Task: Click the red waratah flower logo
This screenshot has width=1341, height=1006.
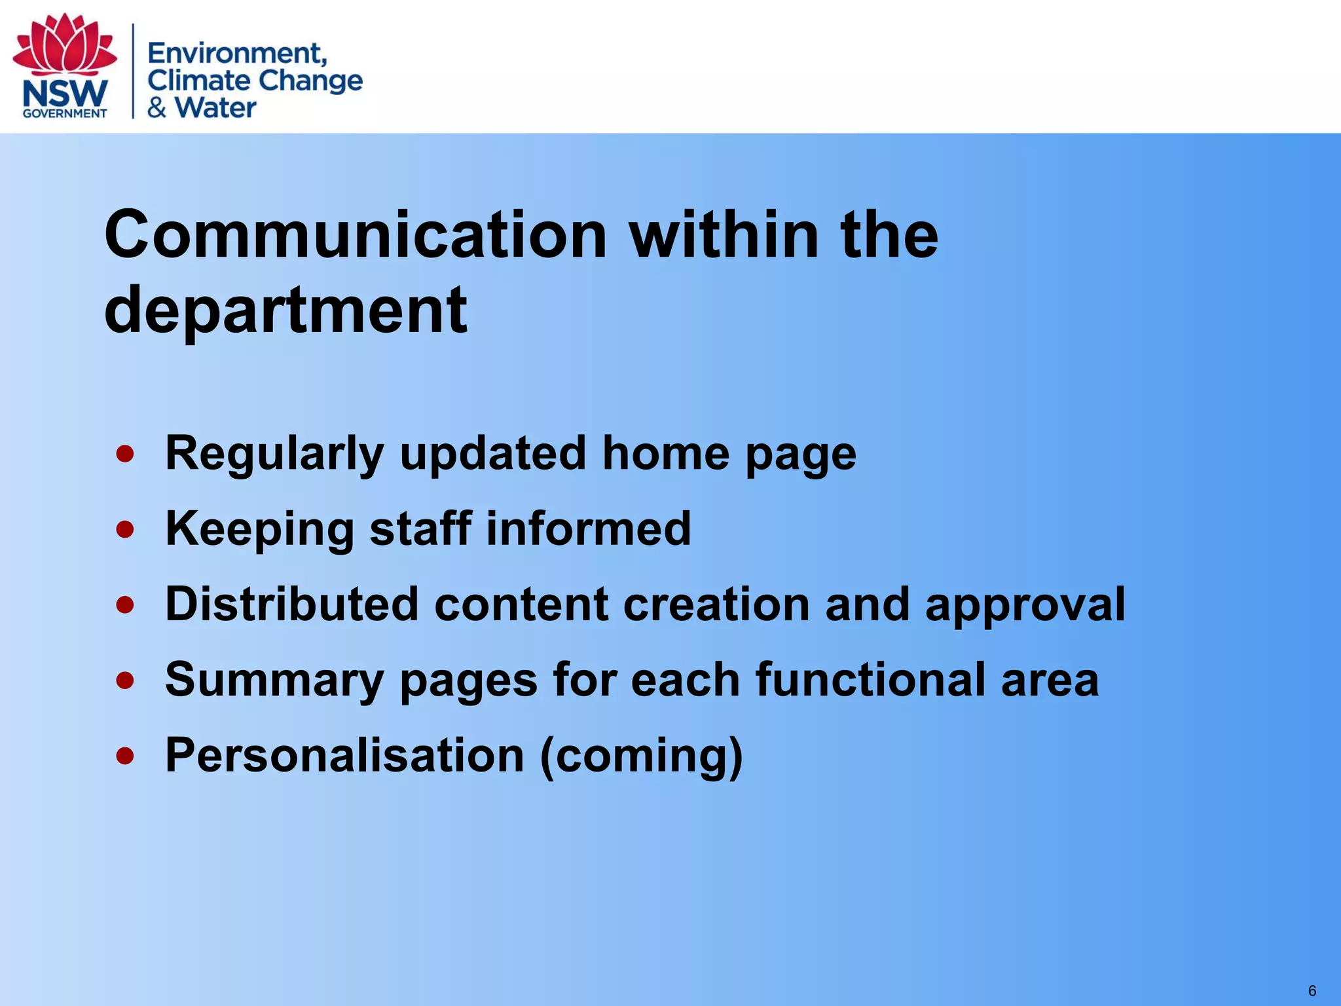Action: click(x=65, y=45)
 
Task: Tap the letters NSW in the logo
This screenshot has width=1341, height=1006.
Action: click(x=65, y=94)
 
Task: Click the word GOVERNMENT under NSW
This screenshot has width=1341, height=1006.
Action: click(x=65, y=113)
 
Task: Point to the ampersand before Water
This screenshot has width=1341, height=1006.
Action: click(x=156, y=107)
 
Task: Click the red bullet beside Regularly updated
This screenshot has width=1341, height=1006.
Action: click(x=125, y=454)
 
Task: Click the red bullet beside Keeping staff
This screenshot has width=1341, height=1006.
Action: click(x=125, y=529)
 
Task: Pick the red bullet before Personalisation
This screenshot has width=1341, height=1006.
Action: click(x=125, y=756)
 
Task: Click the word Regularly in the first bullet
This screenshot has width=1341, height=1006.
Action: click(x=274, y=454)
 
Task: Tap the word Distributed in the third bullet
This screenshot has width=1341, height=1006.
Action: click(x=291, y=604)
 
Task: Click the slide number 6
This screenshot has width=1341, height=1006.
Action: click(x=1312, y=990)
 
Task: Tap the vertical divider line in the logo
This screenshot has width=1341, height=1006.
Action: click(x=134, y=71)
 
